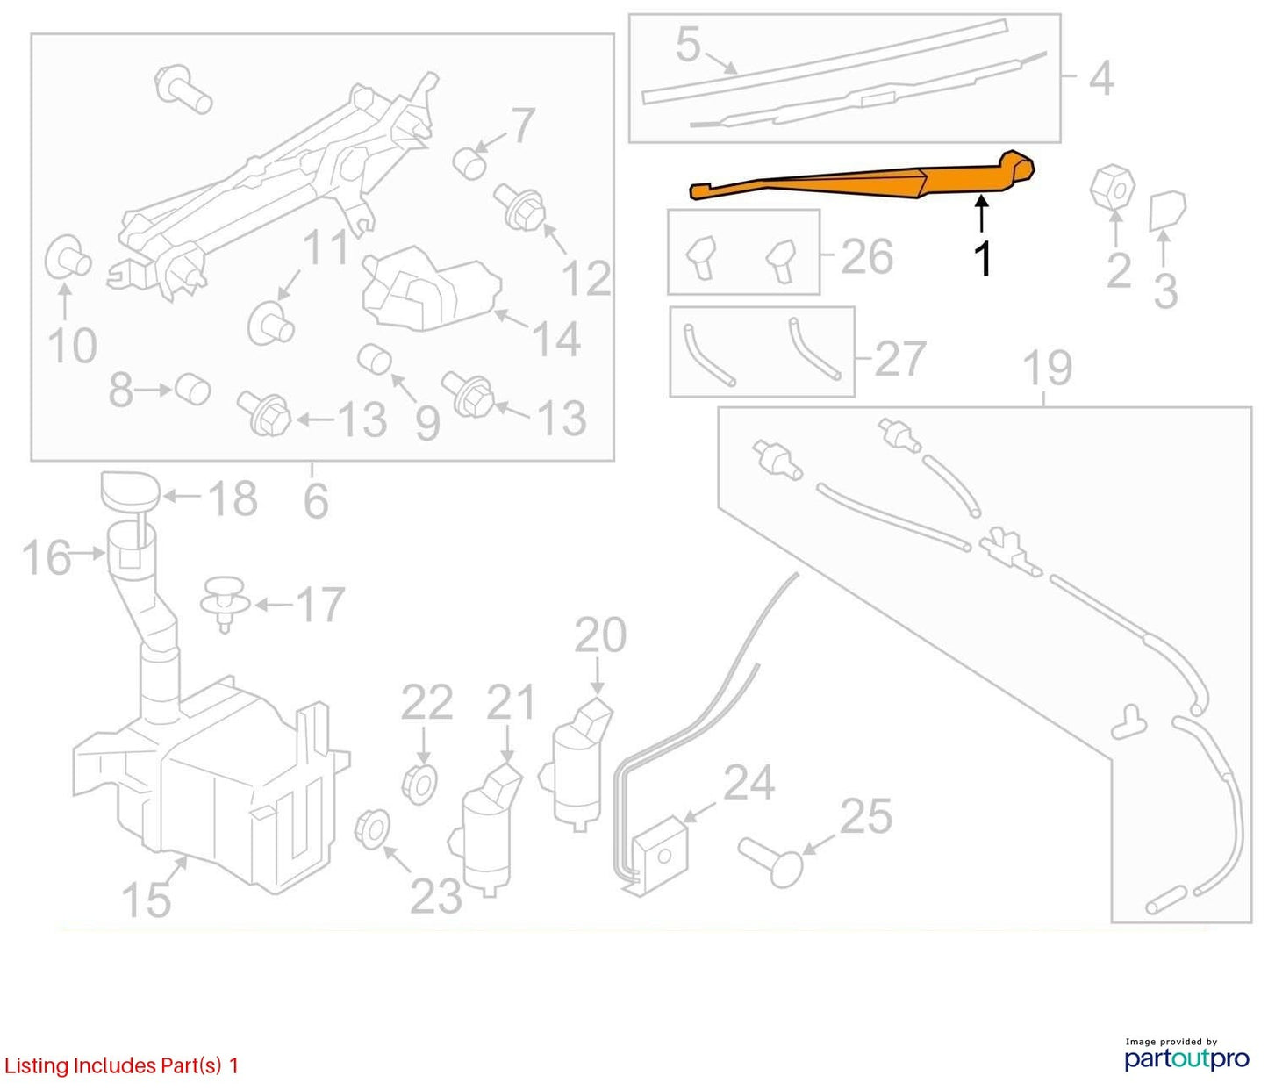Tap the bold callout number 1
[983, 258]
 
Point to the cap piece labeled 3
[1167, 211]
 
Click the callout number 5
[688, 45]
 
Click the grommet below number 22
[420, 785]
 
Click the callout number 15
[146, 900]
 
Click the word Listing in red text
[36, 1065]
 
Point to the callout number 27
[899, 359]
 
